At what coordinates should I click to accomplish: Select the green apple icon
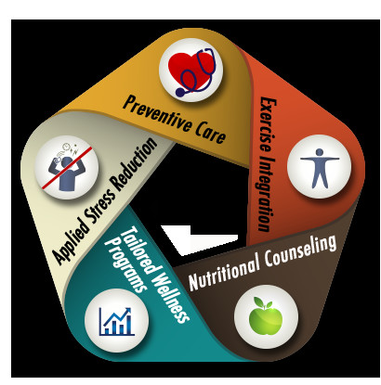point(266,316)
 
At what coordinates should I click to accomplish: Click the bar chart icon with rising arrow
point(117,322)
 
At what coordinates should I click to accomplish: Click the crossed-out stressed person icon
point(67,168)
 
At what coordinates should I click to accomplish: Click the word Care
point(211,134)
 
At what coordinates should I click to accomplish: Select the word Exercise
point(267,124)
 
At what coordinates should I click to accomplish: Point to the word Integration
point(264,194)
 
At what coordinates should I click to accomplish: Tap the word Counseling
point(300,251)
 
